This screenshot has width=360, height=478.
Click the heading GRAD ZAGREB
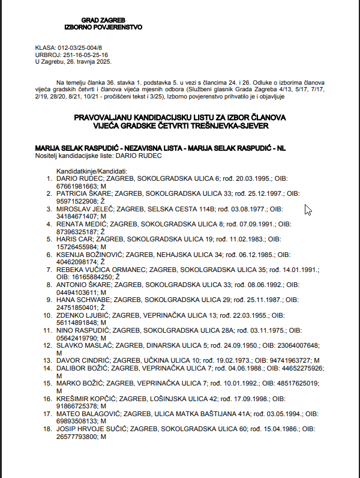103,20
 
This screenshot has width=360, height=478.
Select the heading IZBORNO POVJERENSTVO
103,27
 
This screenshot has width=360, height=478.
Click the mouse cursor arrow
308,210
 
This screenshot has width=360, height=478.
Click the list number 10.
47,314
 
